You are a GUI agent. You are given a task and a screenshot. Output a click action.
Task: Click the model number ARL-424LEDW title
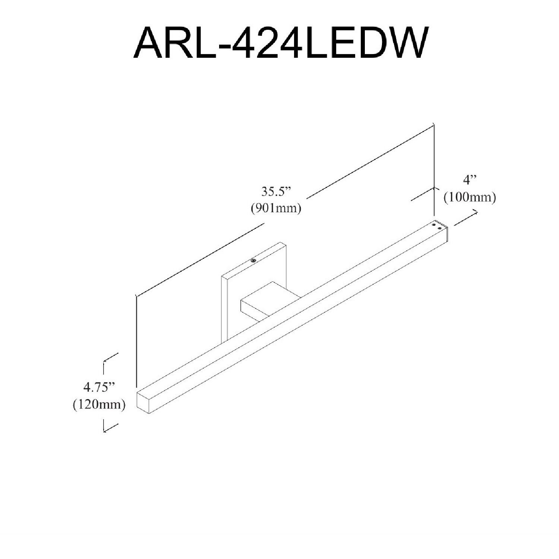279,42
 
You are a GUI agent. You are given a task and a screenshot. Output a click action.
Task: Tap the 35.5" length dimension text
275,192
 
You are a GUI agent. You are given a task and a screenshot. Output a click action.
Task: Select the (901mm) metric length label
276,208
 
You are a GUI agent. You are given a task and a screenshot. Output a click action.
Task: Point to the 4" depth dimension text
470,181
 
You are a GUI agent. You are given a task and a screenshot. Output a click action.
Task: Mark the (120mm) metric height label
99,404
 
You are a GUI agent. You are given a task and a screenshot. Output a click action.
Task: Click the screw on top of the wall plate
253,260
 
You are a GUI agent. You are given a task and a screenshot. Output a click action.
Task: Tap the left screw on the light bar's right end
434,224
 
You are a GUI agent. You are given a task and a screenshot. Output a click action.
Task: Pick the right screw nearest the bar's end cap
440,228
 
